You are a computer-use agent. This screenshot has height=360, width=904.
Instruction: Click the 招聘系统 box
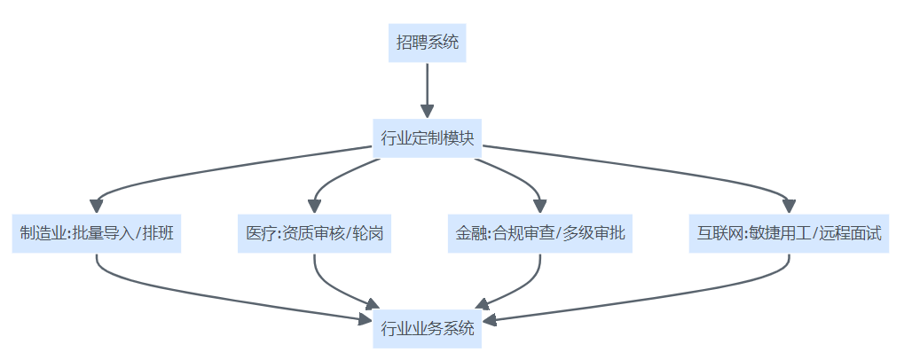(427, 43)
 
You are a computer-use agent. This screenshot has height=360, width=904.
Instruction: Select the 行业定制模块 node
(427, 139)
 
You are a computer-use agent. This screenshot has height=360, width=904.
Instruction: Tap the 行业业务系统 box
(427, 329)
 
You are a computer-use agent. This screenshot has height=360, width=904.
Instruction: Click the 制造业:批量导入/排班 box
(96, 234)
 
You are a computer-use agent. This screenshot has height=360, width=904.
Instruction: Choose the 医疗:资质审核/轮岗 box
(315, 234)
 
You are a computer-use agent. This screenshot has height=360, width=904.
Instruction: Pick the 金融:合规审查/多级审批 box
(539, 234)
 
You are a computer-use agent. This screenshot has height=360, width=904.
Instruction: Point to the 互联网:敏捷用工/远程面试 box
(789, 234)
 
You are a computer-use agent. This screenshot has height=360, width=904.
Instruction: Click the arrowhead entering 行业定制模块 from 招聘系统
(427, 111)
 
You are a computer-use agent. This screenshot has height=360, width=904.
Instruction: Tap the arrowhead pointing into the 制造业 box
(96, 206)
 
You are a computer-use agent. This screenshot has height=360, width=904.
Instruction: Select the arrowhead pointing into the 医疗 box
(315, 206)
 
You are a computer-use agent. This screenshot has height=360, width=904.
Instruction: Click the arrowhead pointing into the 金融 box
(539, 206)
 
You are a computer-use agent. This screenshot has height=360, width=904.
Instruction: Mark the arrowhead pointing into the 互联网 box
(789, 206)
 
